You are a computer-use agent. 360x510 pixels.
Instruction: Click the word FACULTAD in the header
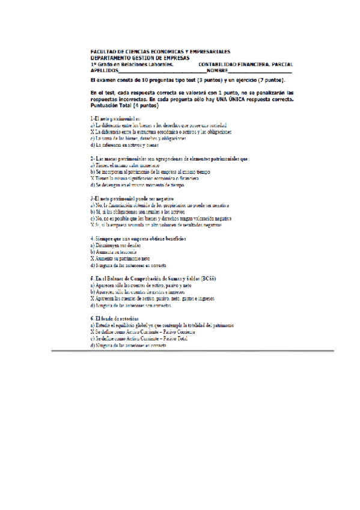103,52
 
